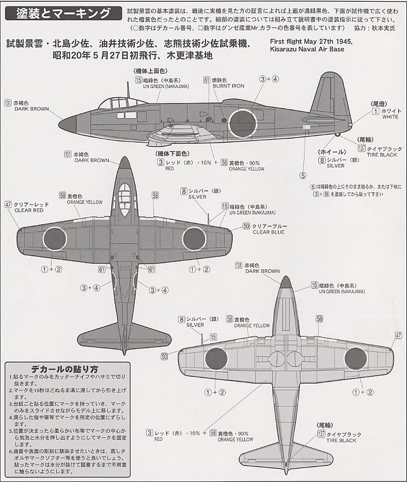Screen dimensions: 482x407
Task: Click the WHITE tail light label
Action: (x=390, y=117)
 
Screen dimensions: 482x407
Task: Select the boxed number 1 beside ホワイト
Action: (x=375, y=110)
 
